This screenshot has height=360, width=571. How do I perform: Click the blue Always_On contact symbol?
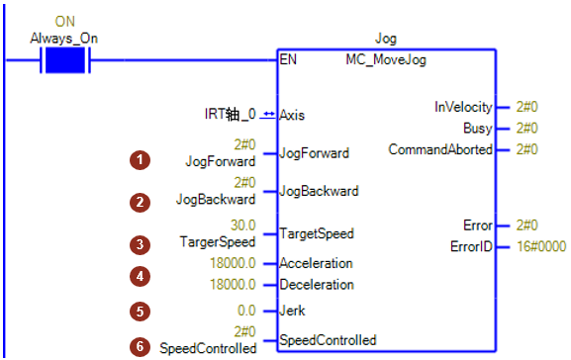coord(65,60)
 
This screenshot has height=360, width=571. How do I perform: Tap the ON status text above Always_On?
coord(65,22)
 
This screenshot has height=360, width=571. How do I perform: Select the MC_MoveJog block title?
coord(386,59)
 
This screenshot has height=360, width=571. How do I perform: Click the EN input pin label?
coord(288,59)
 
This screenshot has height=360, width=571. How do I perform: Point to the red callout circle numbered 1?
coord(140,160)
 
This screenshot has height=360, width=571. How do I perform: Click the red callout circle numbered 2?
coord(140,203)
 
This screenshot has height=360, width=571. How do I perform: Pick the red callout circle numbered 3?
coord(140,244)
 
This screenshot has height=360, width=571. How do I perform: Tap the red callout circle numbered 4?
coord(140,277)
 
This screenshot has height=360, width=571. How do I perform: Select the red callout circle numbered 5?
coord(140,312)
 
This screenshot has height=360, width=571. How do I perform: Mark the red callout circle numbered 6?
coord(140,346)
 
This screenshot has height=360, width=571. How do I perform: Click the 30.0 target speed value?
coord(242,225)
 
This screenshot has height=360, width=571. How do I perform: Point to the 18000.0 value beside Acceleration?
coord(233,263)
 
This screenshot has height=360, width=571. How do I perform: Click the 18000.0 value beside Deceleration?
coord(233,284)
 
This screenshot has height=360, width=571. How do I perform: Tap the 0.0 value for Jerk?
coord(246,311)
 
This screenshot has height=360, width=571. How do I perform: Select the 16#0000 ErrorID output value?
coord(541,246)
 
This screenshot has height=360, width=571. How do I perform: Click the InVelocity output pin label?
coord(463,107)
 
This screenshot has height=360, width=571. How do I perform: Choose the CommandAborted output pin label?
coord(440,149)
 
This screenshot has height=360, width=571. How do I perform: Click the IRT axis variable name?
coord(231,114)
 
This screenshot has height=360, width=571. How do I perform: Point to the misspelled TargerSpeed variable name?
coord(218,242)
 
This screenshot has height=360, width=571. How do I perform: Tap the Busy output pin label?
coord(478,129)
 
